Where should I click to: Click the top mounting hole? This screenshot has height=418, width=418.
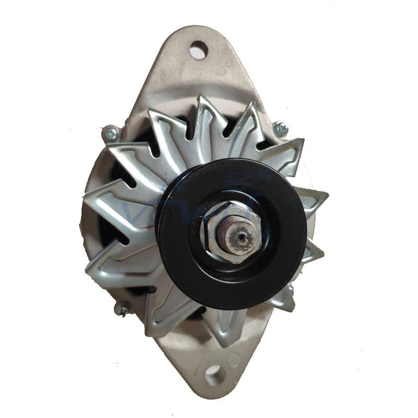tap(198, 51)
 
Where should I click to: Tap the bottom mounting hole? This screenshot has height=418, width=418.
tap(214, 375)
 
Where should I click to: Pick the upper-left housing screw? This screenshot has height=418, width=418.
tap(110, 134)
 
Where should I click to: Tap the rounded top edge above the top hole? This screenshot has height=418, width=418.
tap(198, 29)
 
